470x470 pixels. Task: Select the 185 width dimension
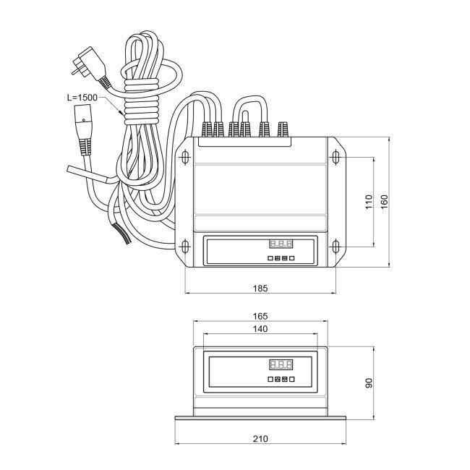261,288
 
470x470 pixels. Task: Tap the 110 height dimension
369,201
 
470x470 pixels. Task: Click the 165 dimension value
261,316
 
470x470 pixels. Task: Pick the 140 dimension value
261,329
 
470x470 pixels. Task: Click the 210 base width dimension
261,439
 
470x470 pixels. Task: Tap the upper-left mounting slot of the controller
186,156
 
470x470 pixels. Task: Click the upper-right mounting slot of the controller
336,156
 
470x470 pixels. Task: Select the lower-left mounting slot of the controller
186,247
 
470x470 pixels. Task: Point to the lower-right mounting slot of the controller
336,247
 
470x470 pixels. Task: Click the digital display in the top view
281,244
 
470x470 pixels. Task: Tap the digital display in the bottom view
281,365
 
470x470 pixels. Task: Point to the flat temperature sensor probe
85,172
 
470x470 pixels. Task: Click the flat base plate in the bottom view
261,419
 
